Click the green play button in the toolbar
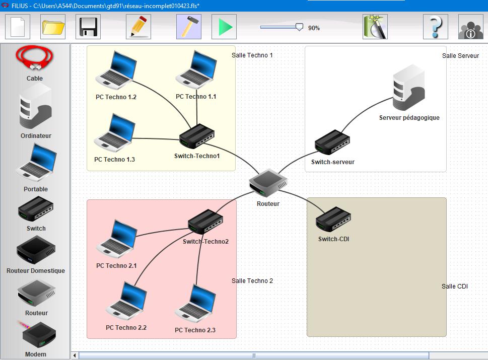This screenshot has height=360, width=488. [224, 27]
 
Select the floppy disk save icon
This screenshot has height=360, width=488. [88, 27]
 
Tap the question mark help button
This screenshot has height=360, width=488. [435, 27]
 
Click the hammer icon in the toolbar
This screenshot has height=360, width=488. [189, 27]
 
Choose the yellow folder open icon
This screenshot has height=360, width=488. [53, 27]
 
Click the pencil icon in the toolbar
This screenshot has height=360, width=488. [138, 27]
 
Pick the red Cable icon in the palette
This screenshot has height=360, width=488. [35, 58]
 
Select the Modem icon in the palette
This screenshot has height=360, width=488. [38, 334]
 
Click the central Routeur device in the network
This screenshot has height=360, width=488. [268, 182]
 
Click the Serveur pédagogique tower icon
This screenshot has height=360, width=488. [408, 88]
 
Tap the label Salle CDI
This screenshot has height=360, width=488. [455, 286]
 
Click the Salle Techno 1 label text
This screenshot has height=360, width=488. [252, 55]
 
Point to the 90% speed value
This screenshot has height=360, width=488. [314, 28]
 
